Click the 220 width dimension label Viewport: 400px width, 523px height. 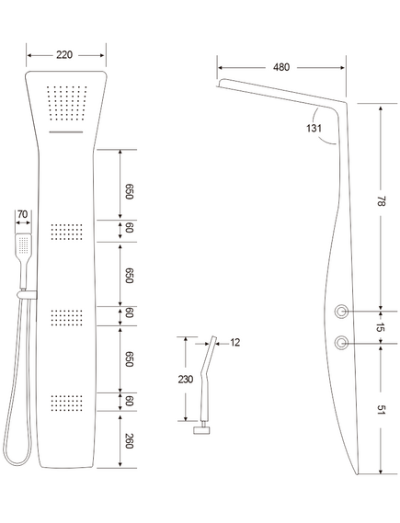pyautogui.click(x=64, y=55)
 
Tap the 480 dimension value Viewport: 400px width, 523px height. pyautogui.click(x=281, y=67)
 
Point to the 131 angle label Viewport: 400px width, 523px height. pyautogui.click(x=314, y=128)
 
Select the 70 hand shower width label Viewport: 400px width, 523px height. pyautogui.click(x=22, y=214)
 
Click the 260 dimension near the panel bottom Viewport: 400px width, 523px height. pyautogui.click(x=129, y=441)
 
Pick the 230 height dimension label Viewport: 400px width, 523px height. pyautogui.click(x=185, y=380)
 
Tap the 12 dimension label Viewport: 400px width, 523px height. pyautogui.click(x=235, y=343)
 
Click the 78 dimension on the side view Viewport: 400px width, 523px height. pyautogui.click(x=381, y=201)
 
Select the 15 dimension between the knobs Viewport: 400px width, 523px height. pyautogui.click(x=380, y=327)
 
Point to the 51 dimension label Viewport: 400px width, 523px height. pyautogui.click(x=381, y=410)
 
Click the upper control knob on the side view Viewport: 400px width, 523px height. pyautogui.click(x=342, y=312)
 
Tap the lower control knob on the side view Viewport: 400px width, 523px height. pyautogui.click(x=342, y=343)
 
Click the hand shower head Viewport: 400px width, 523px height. pyautogui.click(x=23, y=244)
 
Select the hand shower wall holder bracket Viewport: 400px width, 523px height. pyautogui.click(x=27, y=294)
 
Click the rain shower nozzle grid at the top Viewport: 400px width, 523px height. pyautogui.click(x=67, y=103)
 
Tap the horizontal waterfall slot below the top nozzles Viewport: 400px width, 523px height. pyautogui.click(x=66, y=132)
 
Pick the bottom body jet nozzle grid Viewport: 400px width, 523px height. pyautogui.click(x=67, y=403)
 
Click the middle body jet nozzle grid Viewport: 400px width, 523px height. pyautogui.click(x=67, y=317)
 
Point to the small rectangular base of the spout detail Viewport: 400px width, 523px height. pyautogui.click(x=202, y=430)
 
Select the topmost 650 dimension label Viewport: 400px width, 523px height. pyautogui.click(x=129, y=191)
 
